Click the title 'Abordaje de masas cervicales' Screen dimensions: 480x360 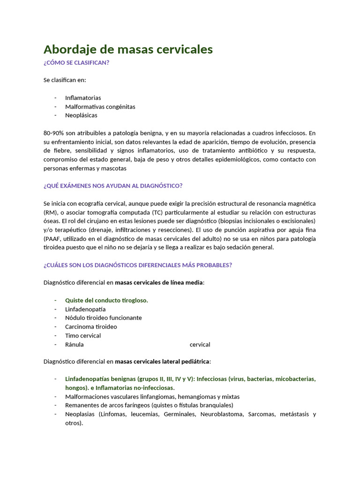128,49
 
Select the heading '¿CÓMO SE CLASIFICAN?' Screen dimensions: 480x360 76,63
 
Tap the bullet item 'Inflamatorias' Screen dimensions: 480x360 83,97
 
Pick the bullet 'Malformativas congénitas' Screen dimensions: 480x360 100,106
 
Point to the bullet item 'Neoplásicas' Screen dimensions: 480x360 81,115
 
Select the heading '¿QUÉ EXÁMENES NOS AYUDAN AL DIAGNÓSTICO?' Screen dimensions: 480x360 112,186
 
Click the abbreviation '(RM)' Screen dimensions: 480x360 51,212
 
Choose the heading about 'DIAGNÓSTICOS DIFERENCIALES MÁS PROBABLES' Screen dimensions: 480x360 137,265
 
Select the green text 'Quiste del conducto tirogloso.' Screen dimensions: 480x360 106,300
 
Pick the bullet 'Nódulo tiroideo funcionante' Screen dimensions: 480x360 103,318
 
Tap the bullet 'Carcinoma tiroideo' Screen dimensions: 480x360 91,326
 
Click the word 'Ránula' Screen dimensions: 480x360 75,345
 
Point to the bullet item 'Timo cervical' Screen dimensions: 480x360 83,336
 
